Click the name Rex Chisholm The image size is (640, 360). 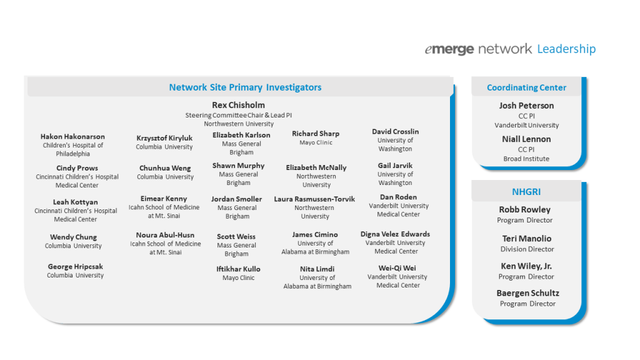click(x=238, y=105)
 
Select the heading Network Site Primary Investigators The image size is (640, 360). click(x=245, y=87)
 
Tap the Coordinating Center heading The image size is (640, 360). click(x=526, y=87)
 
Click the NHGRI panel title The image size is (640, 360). click(x=526, y=191)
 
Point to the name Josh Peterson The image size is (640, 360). click(x=526, y=105)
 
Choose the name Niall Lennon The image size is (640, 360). click(x=526, y=139)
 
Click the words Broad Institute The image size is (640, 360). click(x=526, y=159)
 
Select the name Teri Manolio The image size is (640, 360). click(x=527, y=238)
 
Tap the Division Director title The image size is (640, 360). click(x=527, y=249)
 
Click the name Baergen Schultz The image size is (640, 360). click(x=527, y=293)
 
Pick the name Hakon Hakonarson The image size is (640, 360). click(x=72, y=136)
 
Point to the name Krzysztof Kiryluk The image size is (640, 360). click(x=164, y=138)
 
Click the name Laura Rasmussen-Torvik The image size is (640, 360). click(x=314, y=199)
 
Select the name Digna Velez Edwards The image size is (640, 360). click(x=395, y=234)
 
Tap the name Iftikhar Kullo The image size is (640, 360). click(x=238, y=269)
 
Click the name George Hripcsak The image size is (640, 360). click(x=76, y=266)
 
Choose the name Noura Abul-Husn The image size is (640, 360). click(x=165, y=235)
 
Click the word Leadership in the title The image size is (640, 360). click(x=566, y=49)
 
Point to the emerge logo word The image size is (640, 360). click(x=449, y=49)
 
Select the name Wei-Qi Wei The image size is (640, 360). click(x=397, y=268)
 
